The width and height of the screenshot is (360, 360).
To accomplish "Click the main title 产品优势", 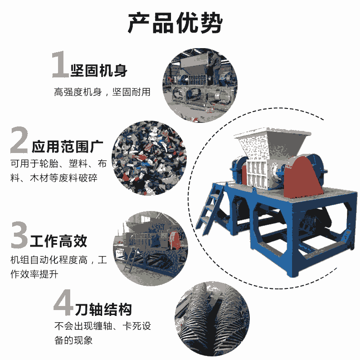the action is point(175,23).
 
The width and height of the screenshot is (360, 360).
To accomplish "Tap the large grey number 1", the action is point(60,64).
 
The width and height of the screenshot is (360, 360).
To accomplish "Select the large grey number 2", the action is point(19,140).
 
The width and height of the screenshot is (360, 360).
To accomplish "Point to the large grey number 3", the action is point(19,234).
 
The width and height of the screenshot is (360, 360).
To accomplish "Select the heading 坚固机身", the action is point(99,71).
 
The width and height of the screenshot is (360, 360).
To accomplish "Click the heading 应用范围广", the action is point(67,147).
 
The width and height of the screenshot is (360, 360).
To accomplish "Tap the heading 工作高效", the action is point(58,241).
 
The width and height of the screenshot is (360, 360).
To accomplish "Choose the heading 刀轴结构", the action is point(103,309).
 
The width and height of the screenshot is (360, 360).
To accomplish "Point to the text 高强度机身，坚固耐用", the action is point(102,92).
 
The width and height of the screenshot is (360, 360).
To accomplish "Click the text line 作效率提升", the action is point(34,274).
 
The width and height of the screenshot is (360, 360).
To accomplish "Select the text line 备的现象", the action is point(73,340).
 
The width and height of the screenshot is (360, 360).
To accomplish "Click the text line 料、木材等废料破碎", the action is point(54,178).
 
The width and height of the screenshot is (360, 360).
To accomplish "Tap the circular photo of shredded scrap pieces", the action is point(149,158).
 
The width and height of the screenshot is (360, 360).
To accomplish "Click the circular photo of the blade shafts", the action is point(212,319).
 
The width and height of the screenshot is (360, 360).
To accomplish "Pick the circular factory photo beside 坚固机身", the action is point(200,85).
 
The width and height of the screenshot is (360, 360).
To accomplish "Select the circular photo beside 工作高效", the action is point(150,248).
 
